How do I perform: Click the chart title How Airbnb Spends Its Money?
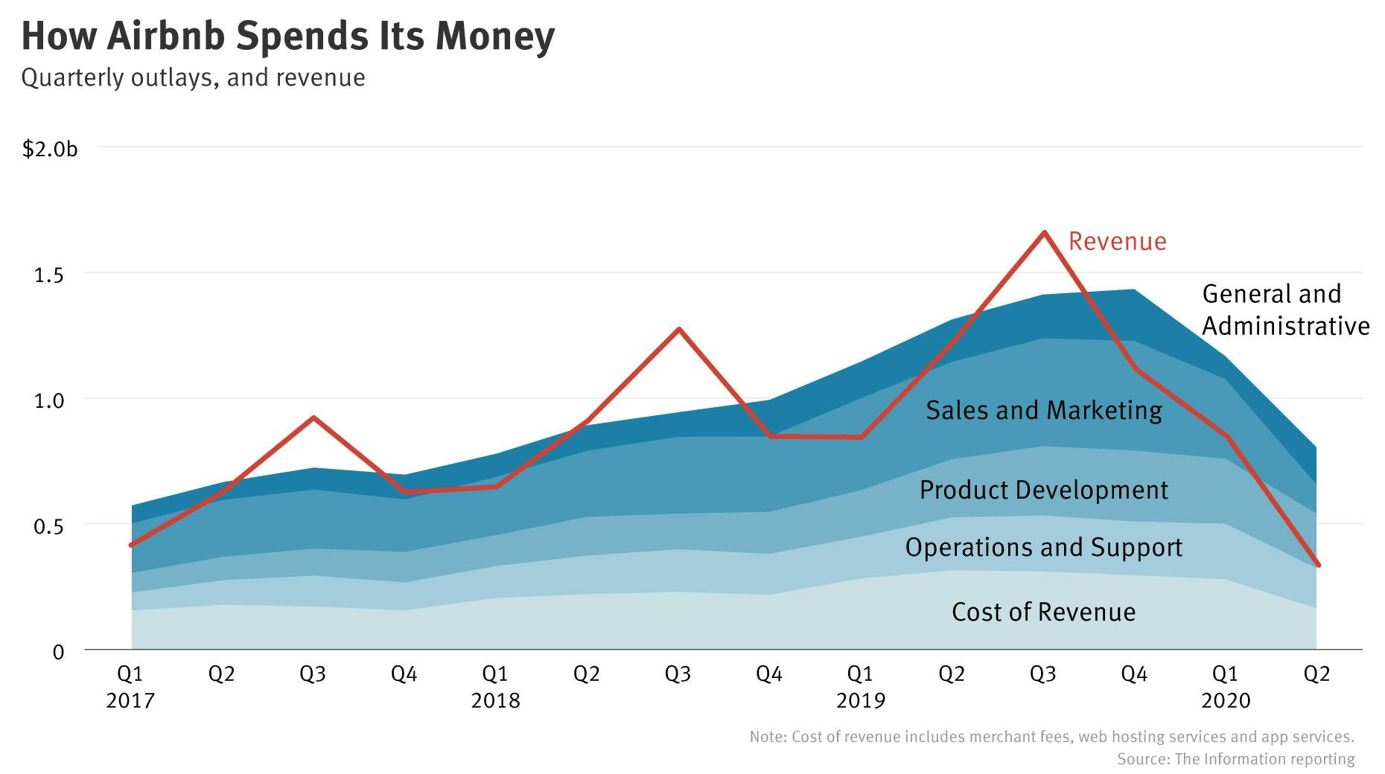[287, 36]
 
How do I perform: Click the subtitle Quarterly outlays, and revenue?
[193, 77]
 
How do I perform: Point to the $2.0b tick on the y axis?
[50, 149]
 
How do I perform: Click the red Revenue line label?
[1117, 241]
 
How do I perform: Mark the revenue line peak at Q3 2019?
[1044, 232]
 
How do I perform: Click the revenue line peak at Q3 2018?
[678, 329]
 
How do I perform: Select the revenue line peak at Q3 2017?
[313, 418]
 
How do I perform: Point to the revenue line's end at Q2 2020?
[1318, 565]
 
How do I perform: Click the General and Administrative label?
[1285, 310]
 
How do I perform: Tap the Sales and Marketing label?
[1043, 410]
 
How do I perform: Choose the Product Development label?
[1043, 490]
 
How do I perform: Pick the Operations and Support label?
[1043, 547]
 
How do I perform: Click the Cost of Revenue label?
[1043, 612]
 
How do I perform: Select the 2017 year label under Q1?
[130, 700]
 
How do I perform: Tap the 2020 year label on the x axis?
[1226, 700]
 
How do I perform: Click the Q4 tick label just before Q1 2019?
[769, 674]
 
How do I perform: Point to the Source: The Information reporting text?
[1235, 759]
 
